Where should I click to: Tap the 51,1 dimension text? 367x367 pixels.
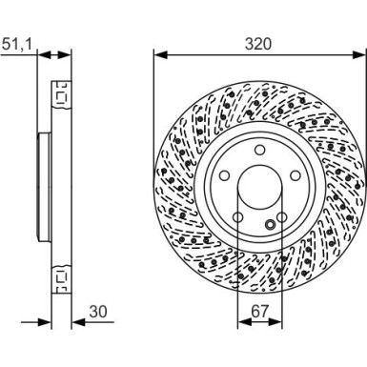(16, 42)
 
